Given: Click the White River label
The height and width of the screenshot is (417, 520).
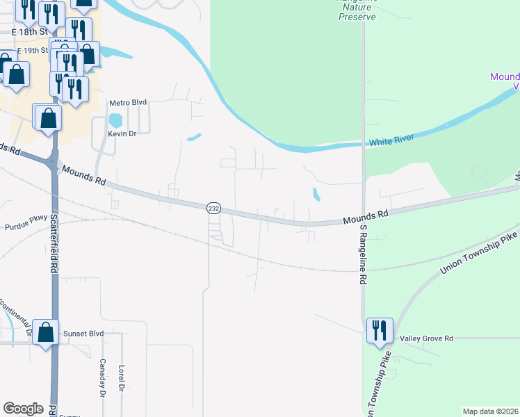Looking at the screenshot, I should pos(391,140).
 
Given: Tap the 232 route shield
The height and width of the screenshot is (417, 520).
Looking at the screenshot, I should pos(213,208).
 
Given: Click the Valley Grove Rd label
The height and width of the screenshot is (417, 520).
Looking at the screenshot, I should pos(426,338).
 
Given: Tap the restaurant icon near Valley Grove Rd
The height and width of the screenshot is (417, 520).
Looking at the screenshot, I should pos(380,331).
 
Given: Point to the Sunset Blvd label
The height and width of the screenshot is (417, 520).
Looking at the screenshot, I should pos(83,334).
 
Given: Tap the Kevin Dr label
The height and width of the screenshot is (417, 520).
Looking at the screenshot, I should pos(122,133).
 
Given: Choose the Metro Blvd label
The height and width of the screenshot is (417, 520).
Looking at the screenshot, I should pos(129,102).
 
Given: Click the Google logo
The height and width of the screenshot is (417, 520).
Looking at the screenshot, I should pos(23,409).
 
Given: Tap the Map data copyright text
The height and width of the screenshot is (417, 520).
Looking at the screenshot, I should pos(489,411).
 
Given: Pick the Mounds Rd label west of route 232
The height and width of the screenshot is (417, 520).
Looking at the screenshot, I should pos(83,175).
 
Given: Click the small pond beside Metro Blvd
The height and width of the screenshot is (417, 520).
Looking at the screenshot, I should pos(115,120).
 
